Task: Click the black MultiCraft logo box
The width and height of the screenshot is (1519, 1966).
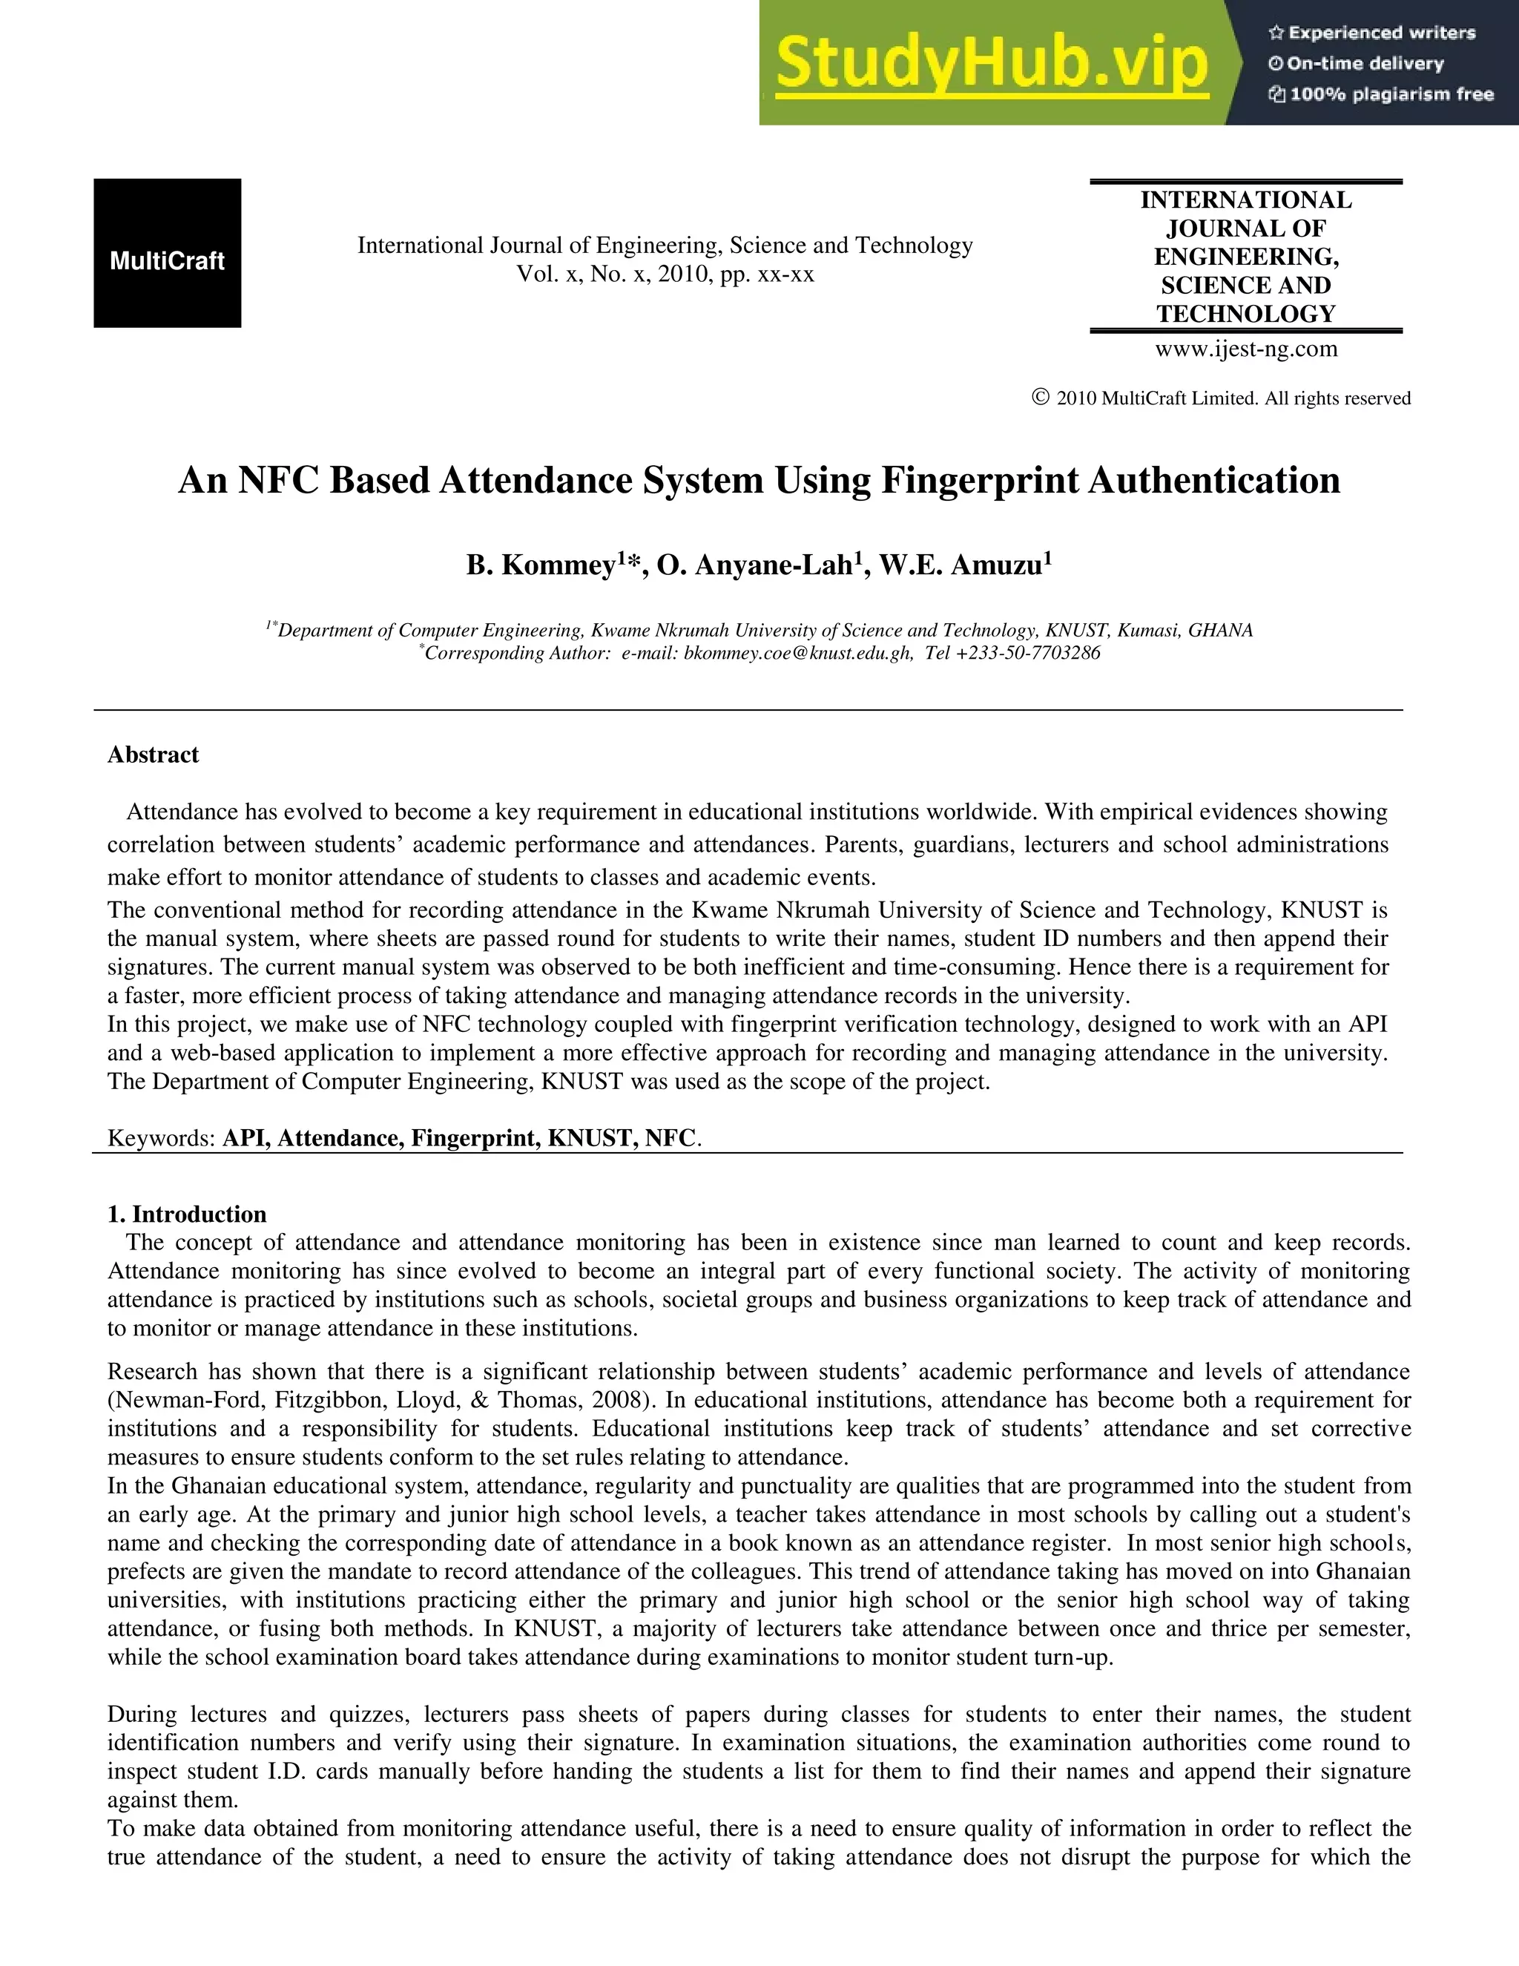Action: tap(168, 253)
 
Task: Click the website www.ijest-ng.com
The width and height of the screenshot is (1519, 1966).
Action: tap(1246, 349)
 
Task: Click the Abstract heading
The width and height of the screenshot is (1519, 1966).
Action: tap(153, 754)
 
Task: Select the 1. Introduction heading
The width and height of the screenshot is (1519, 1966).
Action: tap(187, 1214)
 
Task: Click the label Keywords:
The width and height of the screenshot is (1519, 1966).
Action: tap(161, 1138)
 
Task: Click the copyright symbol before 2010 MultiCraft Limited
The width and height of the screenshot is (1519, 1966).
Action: tap(1041, 397)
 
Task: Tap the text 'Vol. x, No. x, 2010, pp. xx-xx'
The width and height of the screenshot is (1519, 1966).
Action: tap(665, 274)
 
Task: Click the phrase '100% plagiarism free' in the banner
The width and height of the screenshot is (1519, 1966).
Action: tap(1391, 94)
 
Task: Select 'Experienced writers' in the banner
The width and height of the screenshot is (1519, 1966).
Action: tap(1381, 33)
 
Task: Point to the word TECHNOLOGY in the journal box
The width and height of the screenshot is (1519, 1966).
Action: tap(1246, 314)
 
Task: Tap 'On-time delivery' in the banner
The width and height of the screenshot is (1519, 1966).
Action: tap(1364, 64)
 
